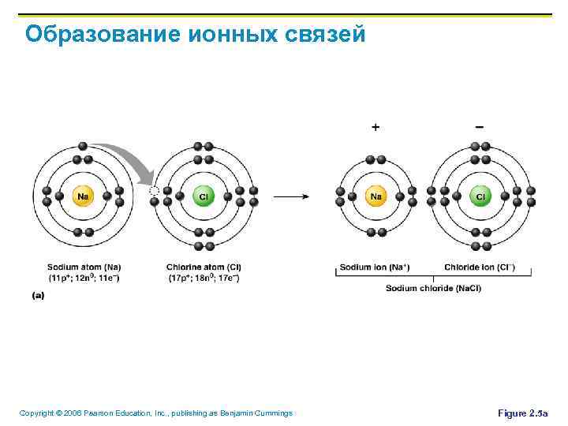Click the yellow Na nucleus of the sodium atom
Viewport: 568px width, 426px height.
click(83, 196)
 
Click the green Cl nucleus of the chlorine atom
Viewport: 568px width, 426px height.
click(203, 196)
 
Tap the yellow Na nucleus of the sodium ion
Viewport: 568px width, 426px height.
click(376, 196)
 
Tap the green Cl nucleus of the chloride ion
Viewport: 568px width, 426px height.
click(480, 196)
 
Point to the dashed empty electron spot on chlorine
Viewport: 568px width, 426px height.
click(155, 191)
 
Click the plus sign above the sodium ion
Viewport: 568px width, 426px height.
click(376, 126)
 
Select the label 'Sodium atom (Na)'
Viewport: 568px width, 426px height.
click(84, 267)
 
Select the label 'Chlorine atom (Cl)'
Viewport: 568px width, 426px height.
click(204, 267)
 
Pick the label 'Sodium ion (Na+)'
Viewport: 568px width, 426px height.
click(375, 267)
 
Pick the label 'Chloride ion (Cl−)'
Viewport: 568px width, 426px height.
click(480, 267)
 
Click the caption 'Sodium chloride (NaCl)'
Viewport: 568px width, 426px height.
click(433, 288)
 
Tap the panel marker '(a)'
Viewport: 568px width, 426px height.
click(38, 295)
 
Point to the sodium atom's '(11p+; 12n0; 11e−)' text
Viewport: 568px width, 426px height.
click(84, 278)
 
